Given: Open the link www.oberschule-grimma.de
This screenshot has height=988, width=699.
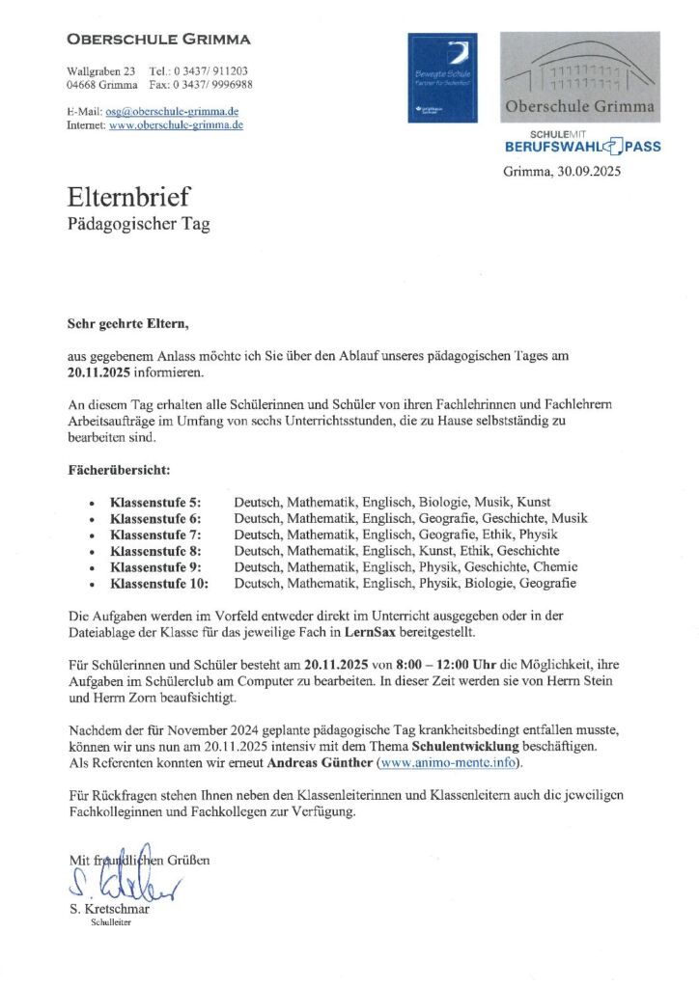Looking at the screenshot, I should [x=176, y=125].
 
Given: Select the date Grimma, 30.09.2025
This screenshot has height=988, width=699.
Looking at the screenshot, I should [x=562, y=172].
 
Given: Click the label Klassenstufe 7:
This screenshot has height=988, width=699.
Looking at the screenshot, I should [x=155, y=534].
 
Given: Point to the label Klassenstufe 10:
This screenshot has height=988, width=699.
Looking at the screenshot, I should [x=159, y=583].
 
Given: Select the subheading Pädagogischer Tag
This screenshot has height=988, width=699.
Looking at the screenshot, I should [x=138, y=224].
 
